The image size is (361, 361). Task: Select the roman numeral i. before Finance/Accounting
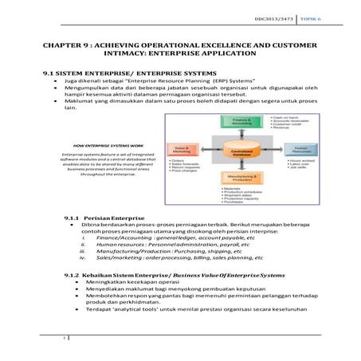(82, 237)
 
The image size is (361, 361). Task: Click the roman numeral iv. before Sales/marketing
(81, 258)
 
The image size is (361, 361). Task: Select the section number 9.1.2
(72, 273)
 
